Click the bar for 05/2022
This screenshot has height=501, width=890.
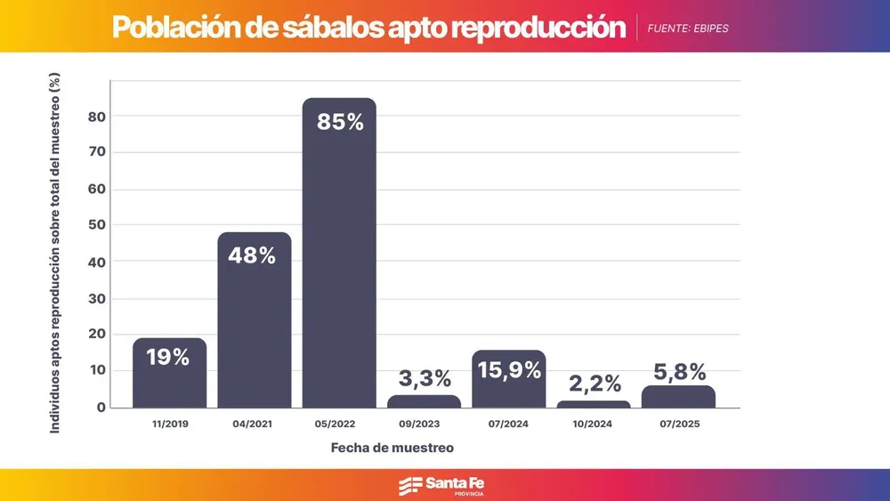pyautogui.click(x=339, y=267)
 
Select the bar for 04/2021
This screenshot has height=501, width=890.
pyautogui.click(x=255, y=329)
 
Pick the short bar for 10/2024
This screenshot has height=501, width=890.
pyautogui.click(x=594, y=404)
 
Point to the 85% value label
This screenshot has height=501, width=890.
pyautogui.click(x=340, y=122)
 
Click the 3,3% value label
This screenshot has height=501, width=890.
pyautogui.click(x=424, y=379)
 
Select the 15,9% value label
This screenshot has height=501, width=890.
pyautogui.click(x=508, y=369)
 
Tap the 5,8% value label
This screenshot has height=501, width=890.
pyautogui.click(x=677, y=370)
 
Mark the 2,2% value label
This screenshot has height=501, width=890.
pyautogui.click(x=595, y=384)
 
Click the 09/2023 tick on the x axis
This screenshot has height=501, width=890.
pyautogui.click(x=424, y=424)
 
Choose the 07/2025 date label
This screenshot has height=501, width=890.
pyautogui.click(x=678, y=424)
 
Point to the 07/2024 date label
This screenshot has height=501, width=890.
pyautogui.click(x=508, y=424)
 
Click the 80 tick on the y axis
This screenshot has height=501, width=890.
pyautogui.click(x=97, y=117)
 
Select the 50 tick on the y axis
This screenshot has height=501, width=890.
pyautogui.click(x=97, y=225)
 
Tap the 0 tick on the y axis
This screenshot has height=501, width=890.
pyautogui.click(x=101, y=408)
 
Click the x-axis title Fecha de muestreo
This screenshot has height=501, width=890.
pyautogui.click(x=392, y=448)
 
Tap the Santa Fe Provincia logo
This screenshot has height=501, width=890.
pyautogui.click(x=443, y=485)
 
